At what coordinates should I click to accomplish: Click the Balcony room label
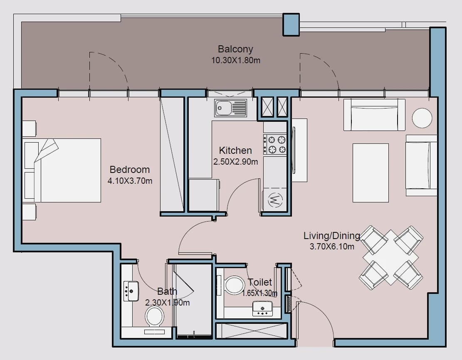235,49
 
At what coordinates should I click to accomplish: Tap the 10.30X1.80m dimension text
236,60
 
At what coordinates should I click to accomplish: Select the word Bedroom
130,169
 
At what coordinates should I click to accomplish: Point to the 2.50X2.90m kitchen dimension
235,162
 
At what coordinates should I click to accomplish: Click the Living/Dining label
332,236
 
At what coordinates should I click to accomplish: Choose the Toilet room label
259,282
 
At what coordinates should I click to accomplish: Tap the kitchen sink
230,108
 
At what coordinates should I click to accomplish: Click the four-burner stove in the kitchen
274,144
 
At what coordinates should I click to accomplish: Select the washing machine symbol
275,200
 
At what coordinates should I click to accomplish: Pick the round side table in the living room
422,118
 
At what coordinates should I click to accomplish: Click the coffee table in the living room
371,173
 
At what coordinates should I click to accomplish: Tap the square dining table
391,257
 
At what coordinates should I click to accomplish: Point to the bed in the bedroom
62,170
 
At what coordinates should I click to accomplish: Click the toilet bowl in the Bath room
154,316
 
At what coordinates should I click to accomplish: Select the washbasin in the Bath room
131,291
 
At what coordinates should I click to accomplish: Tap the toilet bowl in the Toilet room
235,285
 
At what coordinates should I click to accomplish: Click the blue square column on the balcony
291,25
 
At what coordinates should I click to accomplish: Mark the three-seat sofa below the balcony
374,115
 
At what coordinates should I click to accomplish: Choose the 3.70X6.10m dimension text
332,247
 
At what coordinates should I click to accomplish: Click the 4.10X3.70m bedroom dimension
130,181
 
